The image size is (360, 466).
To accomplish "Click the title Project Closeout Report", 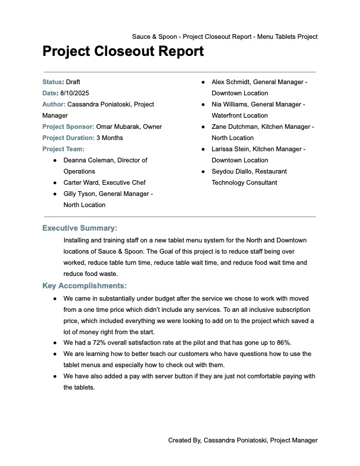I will [x=123, y=52].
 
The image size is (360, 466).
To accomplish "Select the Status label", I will [x=52, y=82].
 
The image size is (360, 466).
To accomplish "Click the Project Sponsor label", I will [x=68, y=127].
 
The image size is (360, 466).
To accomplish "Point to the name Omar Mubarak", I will [x=117, y=127].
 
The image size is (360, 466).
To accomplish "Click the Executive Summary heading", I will [x=80, y=228].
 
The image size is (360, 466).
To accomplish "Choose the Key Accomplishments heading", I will [x=84, y=286].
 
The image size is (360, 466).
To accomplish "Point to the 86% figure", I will [x=284, y=342].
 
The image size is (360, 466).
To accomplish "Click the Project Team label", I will [x=63, y=149].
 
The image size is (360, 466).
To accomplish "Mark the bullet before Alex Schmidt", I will [x=202, y=82].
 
